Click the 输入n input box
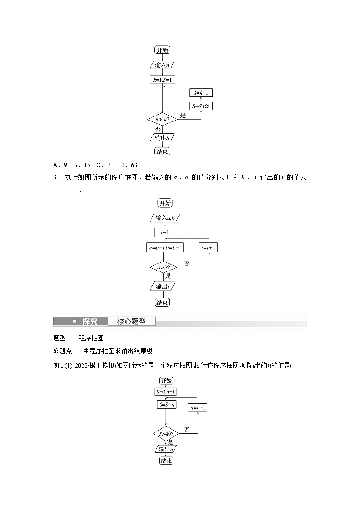click(x=162, y=65)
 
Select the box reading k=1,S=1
click(x=162, y=80)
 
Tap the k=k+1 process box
click(x=200, y=92)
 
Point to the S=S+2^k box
click(x=200, y=106)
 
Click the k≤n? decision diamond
click(x=162, y=120)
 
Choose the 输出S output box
click(x=162, y=137)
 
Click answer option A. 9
click(x=60, y=165)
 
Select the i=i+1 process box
click(x=209, y=247)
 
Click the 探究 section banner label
click(x=90, y=321)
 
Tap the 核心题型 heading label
click(x=131, y=321)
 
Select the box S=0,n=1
click(x=166, y=392)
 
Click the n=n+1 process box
click(x=198, y=407)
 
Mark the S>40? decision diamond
click(x=166, y=434)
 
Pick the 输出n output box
click(x=165, y=449)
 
